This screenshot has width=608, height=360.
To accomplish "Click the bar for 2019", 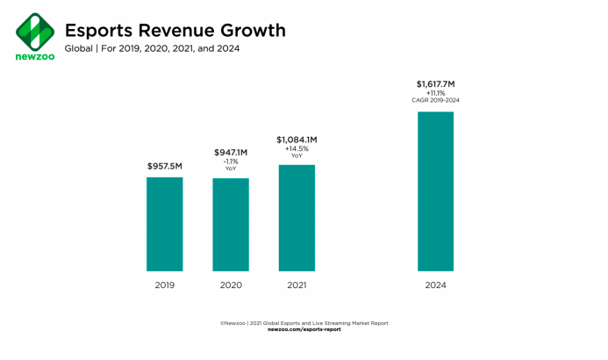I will (164, 224).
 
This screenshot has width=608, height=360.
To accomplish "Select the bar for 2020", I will (230, 225).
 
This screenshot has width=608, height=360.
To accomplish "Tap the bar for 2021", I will (297, 218).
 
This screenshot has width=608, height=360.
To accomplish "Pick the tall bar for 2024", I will (435, 191).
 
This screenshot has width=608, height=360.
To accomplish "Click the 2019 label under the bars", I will (164, 285).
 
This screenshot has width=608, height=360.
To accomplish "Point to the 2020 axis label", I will (230, 285).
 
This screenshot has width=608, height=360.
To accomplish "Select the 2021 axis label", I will (297, 285).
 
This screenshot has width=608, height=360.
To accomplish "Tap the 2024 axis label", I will (435, 285).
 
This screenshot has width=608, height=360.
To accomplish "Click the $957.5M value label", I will (164, 165).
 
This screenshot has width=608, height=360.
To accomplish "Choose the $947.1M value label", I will (230, 152).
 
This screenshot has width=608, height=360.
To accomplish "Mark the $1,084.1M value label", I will (297, 139).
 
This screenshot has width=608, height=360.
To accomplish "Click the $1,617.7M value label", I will (435, 84).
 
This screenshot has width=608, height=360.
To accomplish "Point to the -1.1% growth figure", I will (230, 162).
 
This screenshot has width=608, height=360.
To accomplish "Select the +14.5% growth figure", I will (297, 149).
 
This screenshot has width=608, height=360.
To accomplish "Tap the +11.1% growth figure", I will (435, 94).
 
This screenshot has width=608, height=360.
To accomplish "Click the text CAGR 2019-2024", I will (435, 102).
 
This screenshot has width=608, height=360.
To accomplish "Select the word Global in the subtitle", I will (80, 48).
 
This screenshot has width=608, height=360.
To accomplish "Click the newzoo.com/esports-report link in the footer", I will (304, 329).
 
